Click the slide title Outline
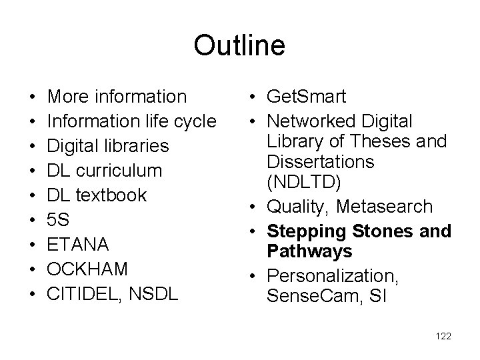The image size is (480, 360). click(239, 46)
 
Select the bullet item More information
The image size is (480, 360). click(118, 97)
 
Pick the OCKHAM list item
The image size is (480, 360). click(89, 269)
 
